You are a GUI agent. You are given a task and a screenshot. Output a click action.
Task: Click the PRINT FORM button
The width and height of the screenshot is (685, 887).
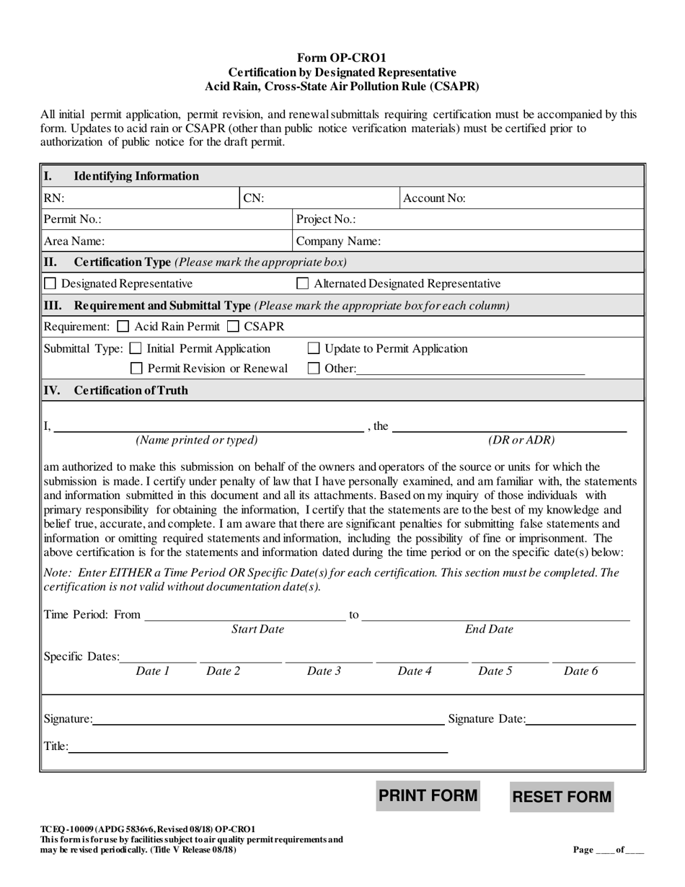[x=428, y=795]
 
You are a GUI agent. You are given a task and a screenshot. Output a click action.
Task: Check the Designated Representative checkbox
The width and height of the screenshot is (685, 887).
[x=50, y=283]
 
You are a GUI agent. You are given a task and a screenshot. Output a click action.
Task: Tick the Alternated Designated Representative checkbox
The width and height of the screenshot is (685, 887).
[x=304, y=283]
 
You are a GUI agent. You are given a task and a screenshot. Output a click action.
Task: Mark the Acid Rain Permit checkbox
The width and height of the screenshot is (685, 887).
[x=123, y=327]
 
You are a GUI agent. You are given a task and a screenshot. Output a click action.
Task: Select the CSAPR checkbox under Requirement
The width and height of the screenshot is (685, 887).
[x=232, y=327]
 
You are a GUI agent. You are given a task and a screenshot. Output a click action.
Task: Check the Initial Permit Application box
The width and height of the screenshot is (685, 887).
[x=136, y=349]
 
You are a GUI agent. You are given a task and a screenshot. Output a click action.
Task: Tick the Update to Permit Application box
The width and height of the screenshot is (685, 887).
[x=314, y=349]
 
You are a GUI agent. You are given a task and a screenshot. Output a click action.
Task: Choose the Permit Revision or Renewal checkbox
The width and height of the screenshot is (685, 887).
[x=136, y=369]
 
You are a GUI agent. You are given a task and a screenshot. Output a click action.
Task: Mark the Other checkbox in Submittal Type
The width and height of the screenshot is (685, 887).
[x=314, y=369]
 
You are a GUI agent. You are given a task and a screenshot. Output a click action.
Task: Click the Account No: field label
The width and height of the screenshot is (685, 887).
[x=434, y=198]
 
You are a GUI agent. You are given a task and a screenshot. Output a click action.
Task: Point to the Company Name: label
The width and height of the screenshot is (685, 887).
[x=338, y=242]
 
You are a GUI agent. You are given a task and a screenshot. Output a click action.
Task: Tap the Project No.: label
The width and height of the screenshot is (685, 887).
[x=326, y=220]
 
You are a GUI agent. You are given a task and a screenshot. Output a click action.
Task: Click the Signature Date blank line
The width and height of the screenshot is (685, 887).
[x=580, y=720]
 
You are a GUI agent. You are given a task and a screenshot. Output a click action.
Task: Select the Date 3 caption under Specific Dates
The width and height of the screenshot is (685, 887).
[x=324, y=671]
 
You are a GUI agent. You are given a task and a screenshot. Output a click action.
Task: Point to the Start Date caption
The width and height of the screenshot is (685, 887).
[x=257, y=630]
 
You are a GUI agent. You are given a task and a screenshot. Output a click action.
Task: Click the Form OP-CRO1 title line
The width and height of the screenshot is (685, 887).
[x=342, y=57]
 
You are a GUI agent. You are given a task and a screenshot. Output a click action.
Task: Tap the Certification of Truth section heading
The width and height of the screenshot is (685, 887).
[x=131, y=391]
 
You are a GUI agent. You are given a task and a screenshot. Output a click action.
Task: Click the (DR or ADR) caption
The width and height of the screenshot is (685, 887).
[x=521, y=440]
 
